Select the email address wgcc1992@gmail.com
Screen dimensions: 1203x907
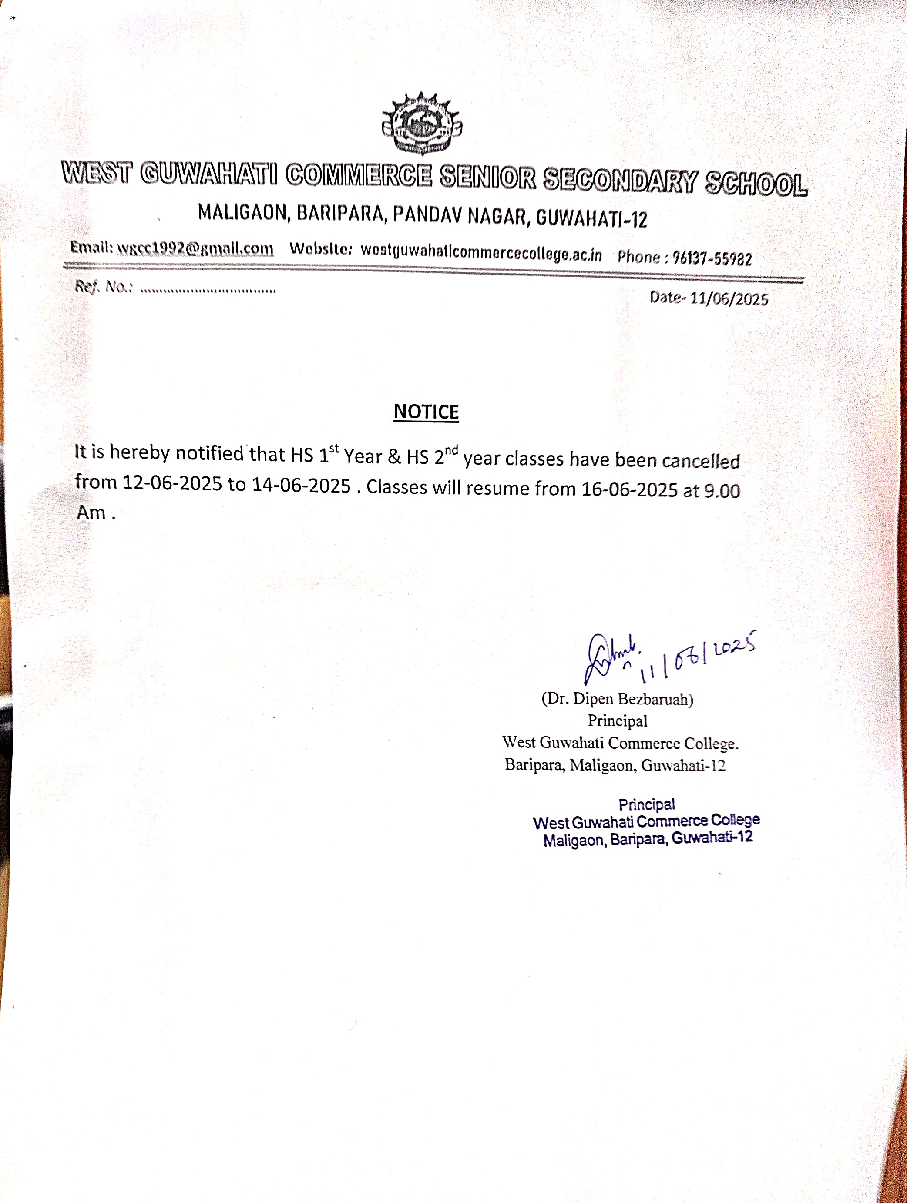tap(195, 248)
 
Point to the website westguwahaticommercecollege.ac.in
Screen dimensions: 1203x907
tap(481, 252)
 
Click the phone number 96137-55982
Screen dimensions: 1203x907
tap(712, 258)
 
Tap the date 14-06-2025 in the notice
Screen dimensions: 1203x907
tap(301, 485)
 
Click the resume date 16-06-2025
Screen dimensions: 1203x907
tap(629, 489)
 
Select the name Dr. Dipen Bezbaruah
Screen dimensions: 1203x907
tap(618, 699)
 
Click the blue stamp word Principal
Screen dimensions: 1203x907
tap(646, 804)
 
